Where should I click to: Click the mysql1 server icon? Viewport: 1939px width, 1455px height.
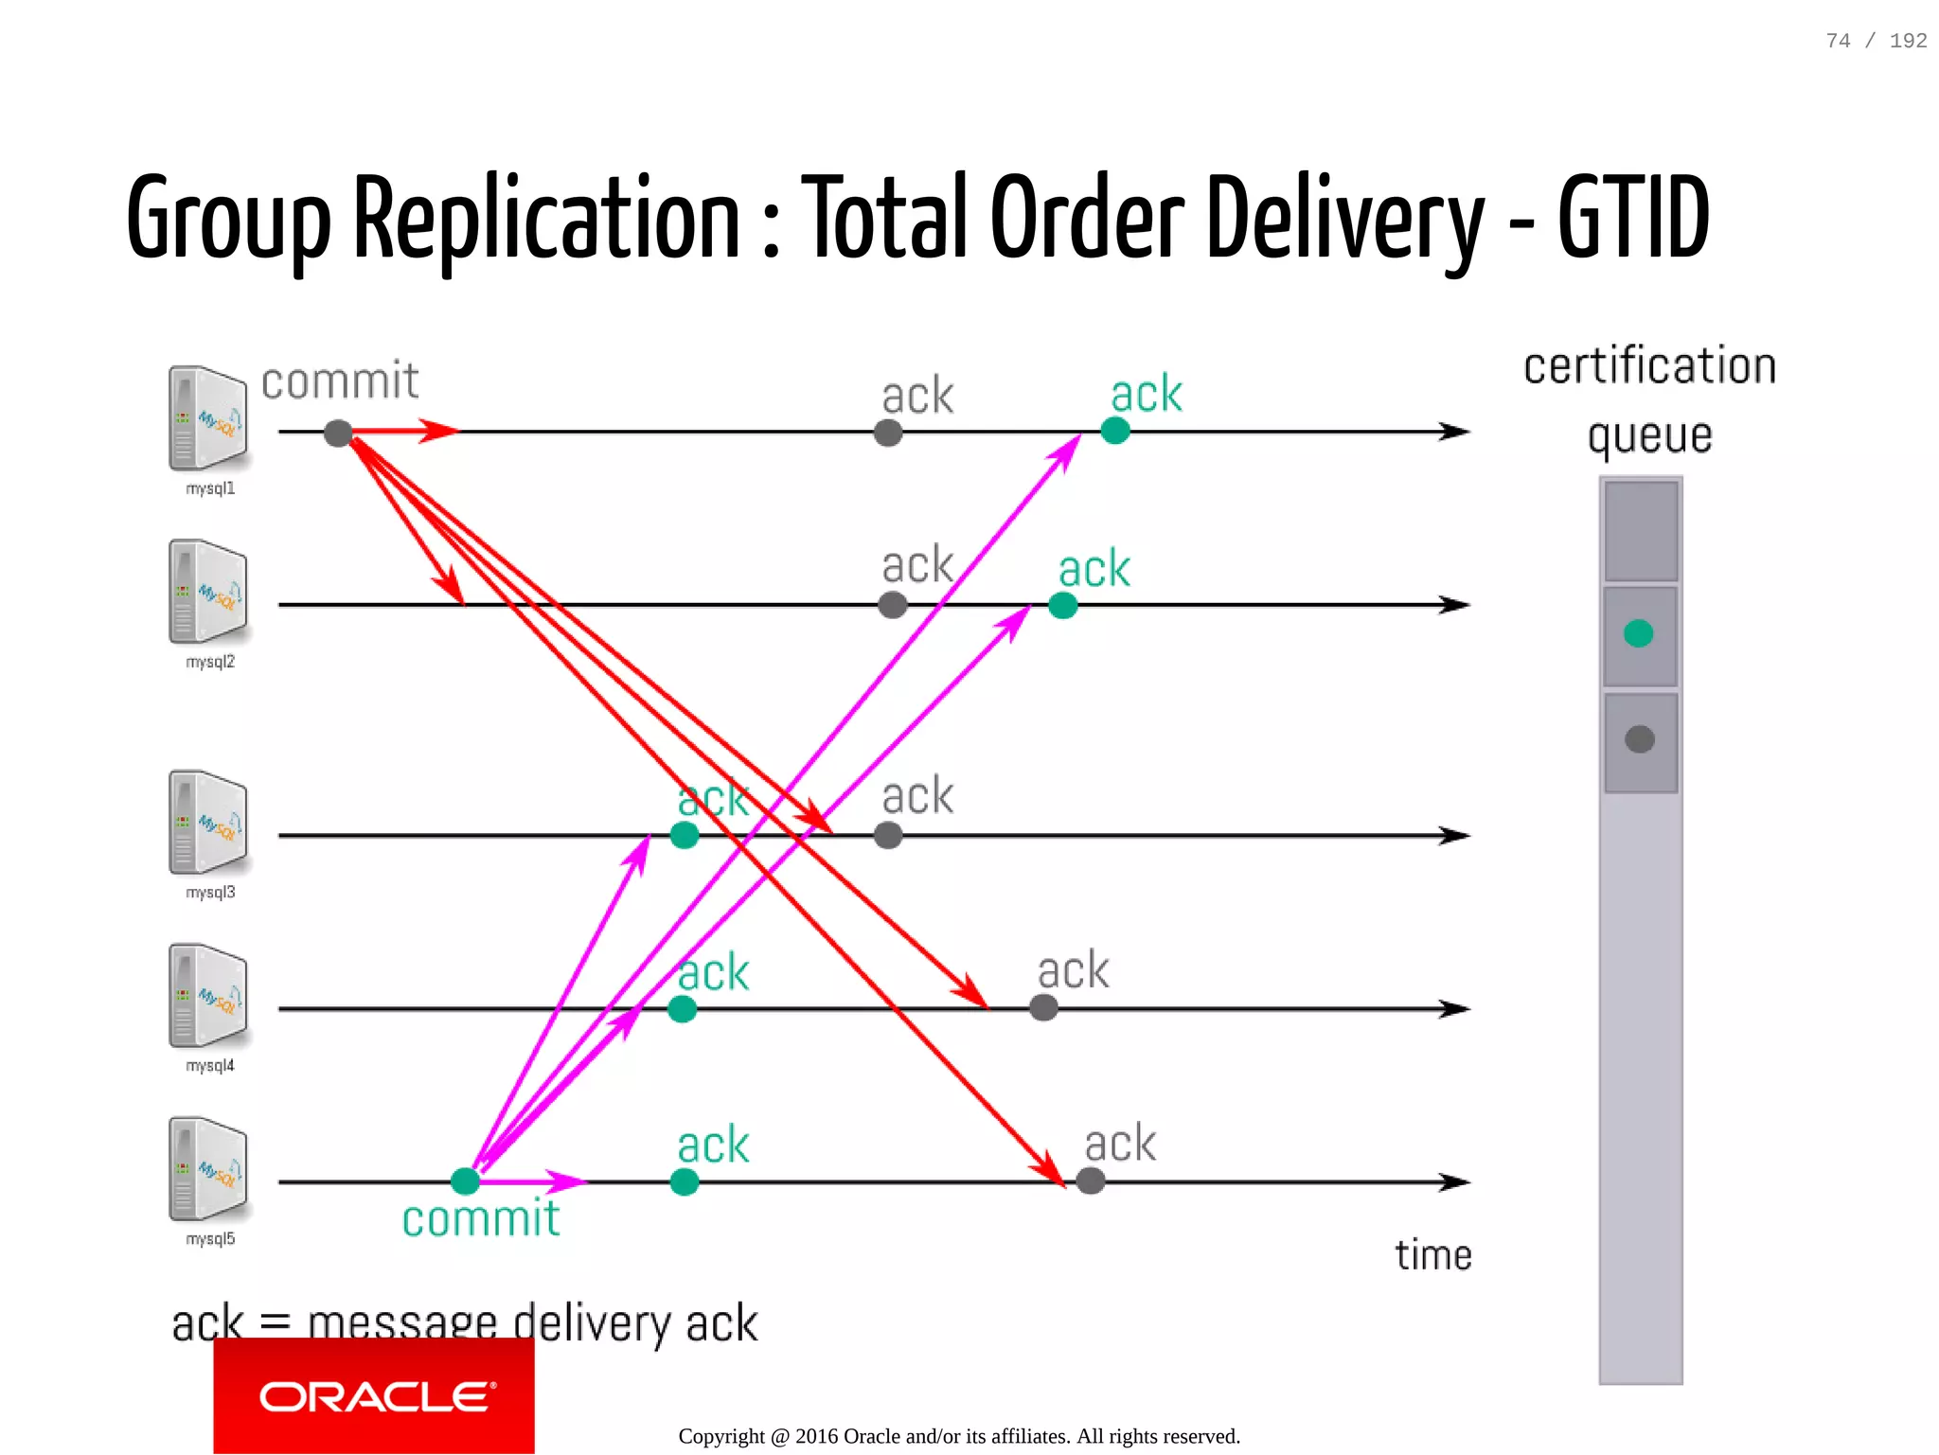click(x=208, y=418)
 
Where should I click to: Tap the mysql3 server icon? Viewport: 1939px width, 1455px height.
click(x=208, y=822)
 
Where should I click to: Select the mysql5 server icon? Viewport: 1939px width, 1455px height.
click(x=208, y=1169)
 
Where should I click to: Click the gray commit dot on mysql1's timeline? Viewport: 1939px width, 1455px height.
click(x=338, y=434)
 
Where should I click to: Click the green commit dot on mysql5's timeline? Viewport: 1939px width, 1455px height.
click(x=465, y=1180)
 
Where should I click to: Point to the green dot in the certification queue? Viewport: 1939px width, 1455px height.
click(x=1638, y=633)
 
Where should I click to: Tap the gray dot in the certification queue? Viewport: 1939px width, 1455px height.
click(x=1639, y=739)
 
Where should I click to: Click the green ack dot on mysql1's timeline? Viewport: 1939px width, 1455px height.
click(x=1115, y=431)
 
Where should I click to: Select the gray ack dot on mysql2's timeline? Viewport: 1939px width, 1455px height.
click(x=892, y=605)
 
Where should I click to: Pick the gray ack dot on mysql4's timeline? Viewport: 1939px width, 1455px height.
click(x=1043, y=1007)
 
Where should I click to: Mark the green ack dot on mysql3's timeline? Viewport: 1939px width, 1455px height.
click(x=685, y=835)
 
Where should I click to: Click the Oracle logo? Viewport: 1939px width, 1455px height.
click(x=375, y=1396)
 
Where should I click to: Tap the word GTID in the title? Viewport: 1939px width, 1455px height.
click(x=1633, y=218)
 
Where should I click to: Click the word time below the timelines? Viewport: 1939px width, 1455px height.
click(x=1432, y=1255)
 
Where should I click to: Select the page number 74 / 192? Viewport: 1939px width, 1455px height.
click(x=1876, y=41)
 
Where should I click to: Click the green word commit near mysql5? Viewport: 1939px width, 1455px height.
click(x=481, y=1218)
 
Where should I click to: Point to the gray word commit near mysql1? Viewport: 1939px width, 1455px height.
click(x=340, y=381)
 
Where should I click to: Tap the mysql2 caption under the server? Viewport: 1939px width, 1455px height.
click(x=210, y=662)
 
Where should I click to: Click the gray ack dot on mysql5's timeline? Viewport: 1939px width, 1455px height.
click(x=1091, y=1180)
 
